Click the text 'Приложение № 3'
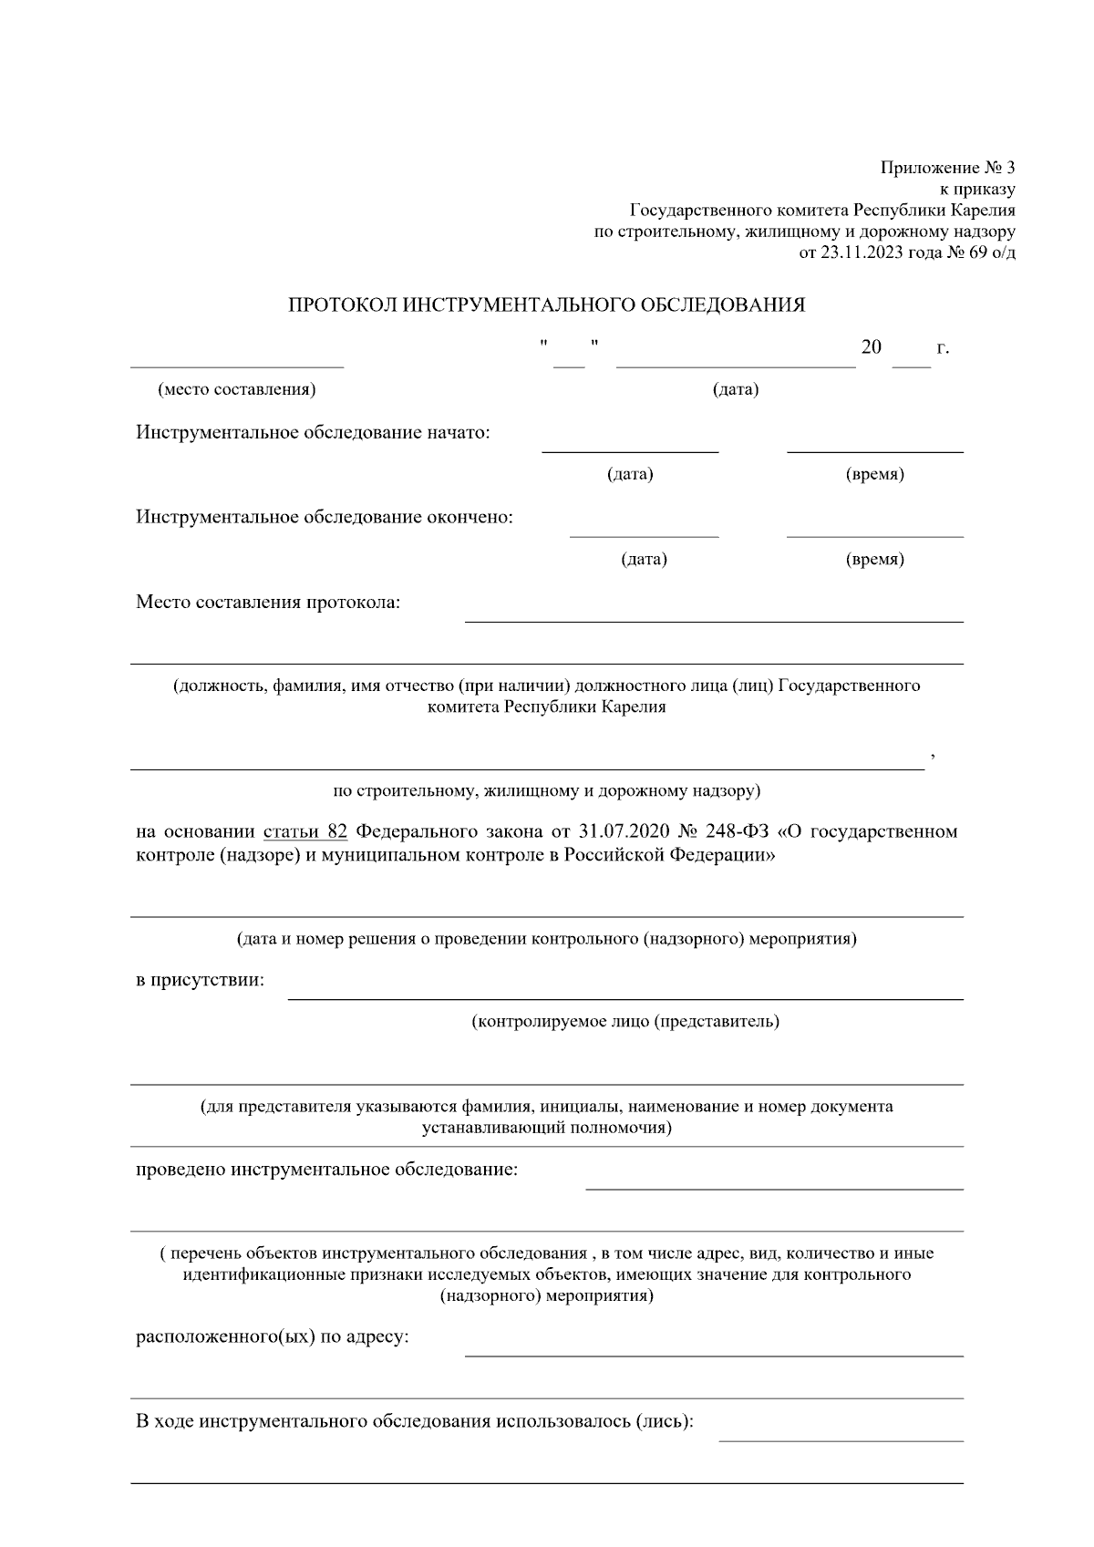pos(947,168)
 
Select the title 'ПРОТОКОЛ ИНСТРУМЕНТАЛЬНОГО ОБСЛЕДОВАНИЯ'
pos(547,304)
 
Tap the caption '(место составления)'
pos(237,389)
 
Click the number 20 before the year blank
pos(871,347)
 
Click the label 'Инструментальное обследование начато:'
pos(314,432)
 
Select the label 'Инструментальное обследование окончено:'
pos(325,517)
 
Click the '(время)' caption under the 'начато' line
pos(875,474)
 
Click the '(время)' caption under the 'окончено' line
pos(875,559)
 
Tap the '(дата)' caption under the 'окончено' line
pos(644,559)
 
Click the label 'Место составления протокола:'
pos(268,602)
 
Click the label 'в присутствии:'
pos(201,980)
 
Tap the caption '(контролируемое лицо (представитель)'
pos(625,1021)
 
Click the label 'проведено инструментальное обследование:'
pos(326,1169)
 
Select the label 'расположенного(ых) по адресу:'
pos(273,1336)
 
